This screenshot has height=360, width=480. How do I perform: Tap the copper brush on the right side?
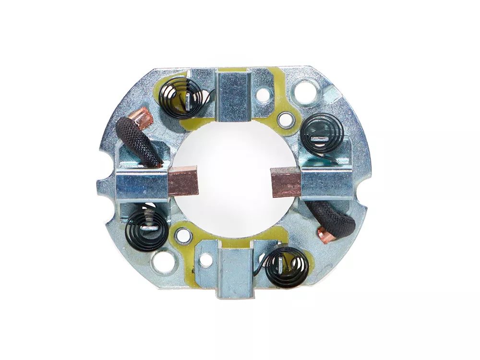286,181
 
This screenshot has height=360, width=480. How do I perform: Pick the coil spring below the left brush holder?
148,229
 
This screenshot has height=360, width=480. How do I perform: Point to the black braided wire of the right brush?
331,219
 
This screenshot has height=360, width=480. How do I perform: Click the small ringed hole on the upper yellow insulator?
286,117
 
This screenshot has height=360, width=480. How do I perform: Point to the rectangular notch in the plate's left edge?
102,187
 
